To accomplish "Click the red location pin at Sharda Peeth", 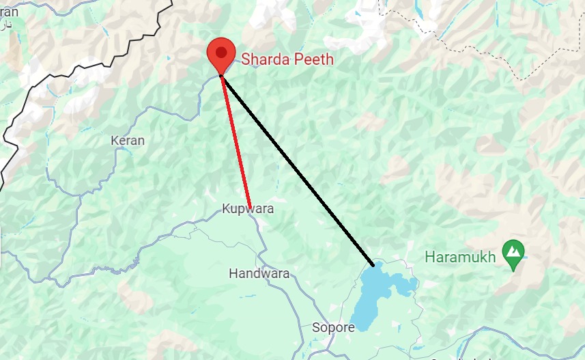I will [x=220, y=57].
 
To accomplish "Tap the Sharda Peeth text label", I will [x=287, y=59].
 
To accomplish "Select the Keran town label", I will [x=128, y=141].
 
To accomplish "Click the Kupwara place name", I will [x=247, y=209].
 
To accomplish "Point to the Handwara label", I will [x=259, y=274].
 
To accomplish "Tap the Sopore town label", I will [x=333, y=328].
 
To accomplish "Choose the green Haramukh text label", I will [x=460, y=258].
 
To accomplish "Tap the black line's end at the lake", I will [x=373, y=264].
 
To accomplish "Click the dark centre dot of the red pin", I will [x=220, y=51].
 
